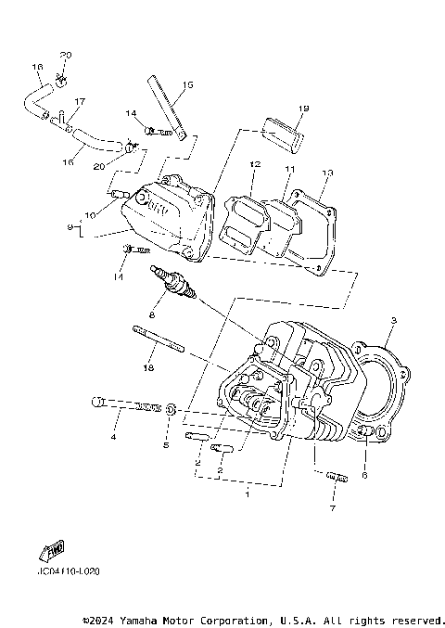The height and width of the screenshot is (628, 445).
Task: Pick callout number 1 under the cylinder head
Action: point(248,495)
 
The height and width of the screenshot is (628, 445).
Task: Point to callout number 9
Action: point(70,228)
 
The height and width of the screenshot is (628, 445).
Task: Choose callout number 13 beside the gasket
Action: point(326,173)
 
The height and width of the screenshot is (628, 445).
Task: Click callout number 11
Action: point(288,169)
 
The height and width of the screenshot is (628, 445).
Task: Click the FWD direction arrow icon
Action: point(53,550)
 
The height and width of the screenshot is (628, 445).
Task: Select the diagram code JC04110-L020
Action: point(69,570)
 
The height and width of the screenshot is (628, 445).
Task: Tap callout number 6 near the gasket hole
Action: point(364,475)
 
